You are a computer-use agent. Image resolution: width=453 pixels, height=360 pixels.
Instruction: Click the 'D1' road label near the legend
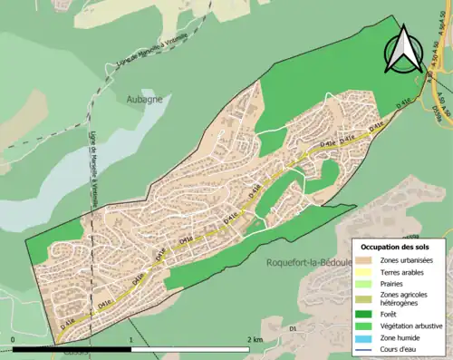[293, 302]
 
